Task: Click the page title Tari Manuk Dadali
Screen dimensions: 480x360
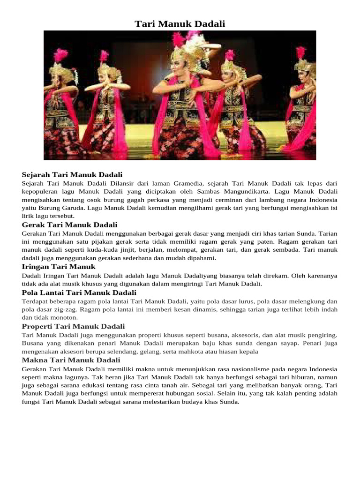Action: (180, 24)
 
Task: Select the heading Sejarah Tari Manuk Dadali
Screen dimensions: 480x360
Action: (72, 175)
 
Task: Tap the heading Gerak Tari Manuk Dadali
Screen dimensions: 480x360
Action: (69, 225)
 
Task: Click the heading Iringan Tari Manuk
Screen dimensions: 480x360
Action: (59, 266)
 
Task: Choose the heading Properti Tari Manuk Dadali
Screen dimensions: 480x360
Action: (73, 326)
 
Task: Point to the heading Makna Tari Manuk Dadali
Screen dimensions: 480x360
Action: (71, 360)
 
